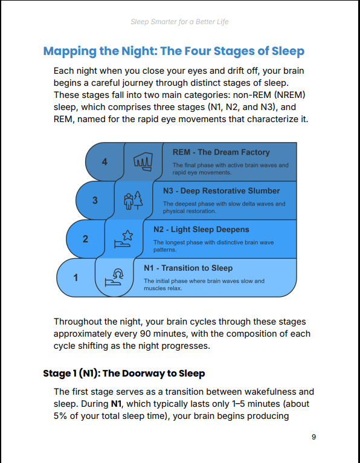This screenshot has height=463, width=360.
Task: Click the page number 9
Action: point(313,437)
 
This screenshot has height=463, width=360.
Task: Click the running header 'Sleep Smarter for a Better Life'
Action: point(179,22)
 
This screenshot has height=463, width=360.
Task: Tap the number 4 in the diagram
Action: point(104,162)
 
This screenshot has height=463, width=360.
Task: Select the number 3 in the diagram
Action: point(95,201)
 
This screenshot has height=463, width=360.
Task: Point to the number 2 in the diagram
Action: point(85,239)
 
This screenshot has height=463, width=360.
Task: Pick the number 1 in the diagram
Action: point(76,277)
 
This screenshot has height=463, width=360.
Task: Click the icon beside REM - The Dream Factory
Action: point(143,161)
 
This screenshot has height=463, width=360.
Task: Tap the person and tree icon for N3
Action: point(133,201)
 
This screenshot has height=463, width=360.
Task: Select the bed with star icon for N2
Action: point(124,239)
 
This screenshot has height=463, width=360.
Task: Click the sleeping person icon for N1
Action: point(114,277)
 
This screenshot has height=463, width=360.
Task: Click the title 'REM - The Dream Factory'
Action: point(221,152)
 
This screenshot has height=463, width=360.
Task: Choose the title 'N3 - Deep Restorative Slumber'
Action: point(221,191)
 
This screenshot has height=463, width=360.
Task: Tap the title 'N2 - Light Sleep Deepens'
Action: point(201,230)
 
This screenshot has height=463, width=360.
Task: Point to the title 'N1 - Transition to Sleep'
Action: point(188,268)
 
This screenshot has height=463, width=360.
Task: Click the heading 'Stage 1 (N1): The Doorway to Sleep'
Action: point(124,374)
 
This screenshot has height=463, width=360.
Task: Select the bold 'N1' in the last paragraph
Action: point(117,404)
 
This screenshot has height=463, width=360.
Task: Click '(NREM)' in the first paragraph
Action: point(284,95)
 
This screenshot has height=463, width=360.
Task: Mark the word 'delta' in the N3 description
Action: point(242,204)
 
